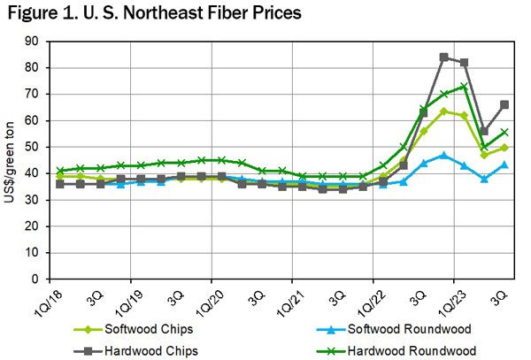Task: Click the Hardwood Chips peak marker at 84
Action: point(443,57)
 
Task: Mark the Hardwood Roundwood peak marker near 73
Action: point(464,86)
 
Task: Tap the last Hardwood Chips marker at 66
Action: point(504,104)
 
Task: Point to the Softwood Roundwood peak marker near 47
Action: point(443,155)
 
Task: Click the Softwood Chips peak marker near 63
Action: point(443,111)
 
